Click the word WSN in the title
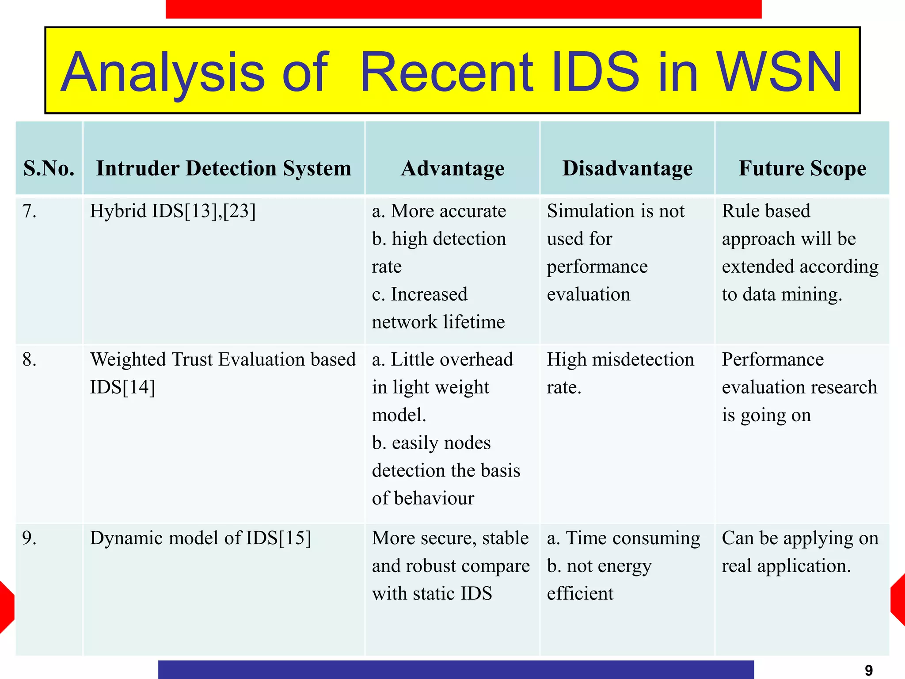click(x=780, y=72)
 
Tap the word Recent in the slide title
click(x=446, y=72)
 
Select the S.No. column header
click(x=49, y=168)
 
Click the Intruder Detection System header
click(x=224, y=168)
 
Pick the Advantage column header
click(x=452, y=168)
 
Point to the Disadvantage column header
click(x=627, y=168)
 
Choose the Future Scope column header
click(x=802, y=168)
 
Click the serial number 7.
click(x=29, y=211)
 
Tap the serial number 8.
click(x=29, y=359)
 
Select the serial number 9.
click(x=29, y=538)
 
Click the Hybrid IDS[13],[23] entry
click(x=173, y=211)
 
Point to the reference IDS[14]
click(x=122, y=387)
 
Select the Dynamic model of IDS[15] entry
click(x=201, y=538)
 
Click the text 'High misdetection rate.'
click(x=620, y=373)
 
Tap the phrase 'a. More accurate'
click(x=439, y=211)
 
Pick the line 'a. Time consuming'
click(x=624, y=538)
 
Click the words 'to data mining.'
click(x=782, y=294)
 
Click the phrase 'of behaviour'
click(x=423, y=498)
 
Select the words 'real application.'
click(x=786, y=566)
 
